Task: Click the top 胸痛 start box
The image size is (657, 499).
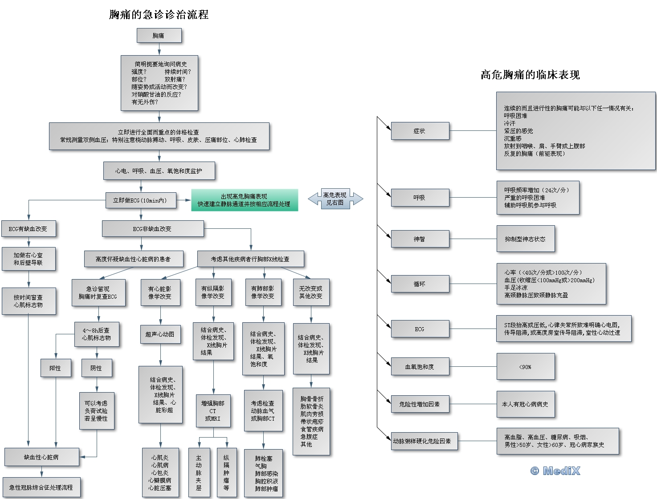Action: coord(159,36)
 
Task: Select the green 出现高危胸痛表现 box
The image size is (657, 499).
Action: coord(244,200)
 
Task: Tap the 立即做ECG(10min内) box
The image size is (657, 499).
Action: coord(141,200)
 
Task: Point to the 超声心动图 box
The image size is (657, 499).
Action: coord(160,334)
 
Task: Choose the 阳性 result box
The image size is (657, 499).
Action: coord(56,368)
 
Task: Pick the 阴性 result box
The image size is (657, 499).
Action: coord(96,368)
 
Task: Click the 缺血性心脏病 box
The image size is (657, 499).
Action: coord(41,457)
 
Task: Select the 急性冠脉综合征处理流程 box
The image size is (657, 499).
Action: coord(41,487)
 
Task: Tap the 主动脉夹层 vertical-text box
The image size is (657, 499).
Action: coord(199,473)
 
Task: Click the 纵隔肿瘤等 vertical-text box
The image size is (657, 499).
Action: coord(226,473)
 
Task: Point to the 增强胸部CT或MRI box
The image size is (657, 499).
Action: coord(213,410)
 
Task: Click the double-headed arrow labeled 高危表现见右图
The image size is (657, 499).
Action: coord(335,199)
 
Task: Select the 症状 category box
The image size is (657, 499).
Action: coord(420,131)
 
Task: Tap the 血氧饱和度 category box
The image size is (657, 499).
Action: coord(420,367)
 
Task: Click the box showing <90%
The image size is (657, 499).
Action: coord(526,367)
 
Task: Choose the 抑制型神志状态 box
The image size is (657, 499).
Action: coord(526,239)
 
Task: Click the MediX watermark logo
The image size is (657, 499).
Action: coord(555,471)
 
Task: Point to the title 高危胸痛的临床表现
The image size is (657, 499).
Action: coord(530,75)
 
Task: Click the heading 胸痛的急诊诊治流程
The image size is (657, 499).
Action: coord(159,15)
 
